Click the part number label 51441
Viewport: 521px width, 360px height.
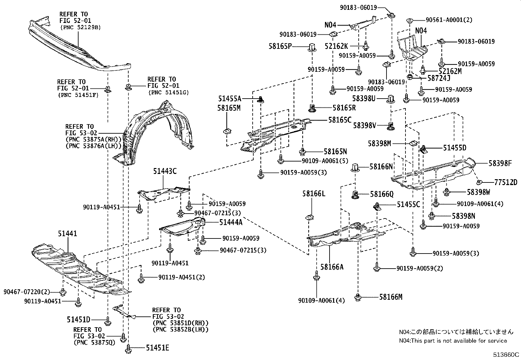pos(68,234)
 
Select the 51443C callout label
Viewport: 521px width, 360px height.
pos(165,171)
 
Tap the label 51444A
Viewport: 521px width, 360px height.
pos(231,222)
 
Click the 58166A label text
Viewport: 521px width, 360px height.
pos(332,267)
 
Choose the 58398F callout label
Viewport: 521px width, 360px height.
pos(500,163)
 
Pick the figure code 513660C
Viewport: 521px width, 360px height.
pos(507,354)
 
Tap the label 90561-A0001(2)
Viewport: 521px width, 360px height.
pos(449,20)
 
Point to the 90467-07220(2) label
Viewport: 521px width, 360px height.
pos(27,292)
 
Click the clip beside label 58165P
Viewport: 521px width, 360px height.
pos(312,48)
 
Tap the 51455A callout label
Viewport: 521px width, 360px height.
pos(230,98)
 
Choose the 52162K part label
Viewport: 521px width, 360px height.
pos(337,47)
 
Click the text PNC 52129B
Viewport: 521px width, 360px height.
pos(81,28)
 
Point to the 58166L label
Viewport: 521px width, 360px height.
pos(314,194)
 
